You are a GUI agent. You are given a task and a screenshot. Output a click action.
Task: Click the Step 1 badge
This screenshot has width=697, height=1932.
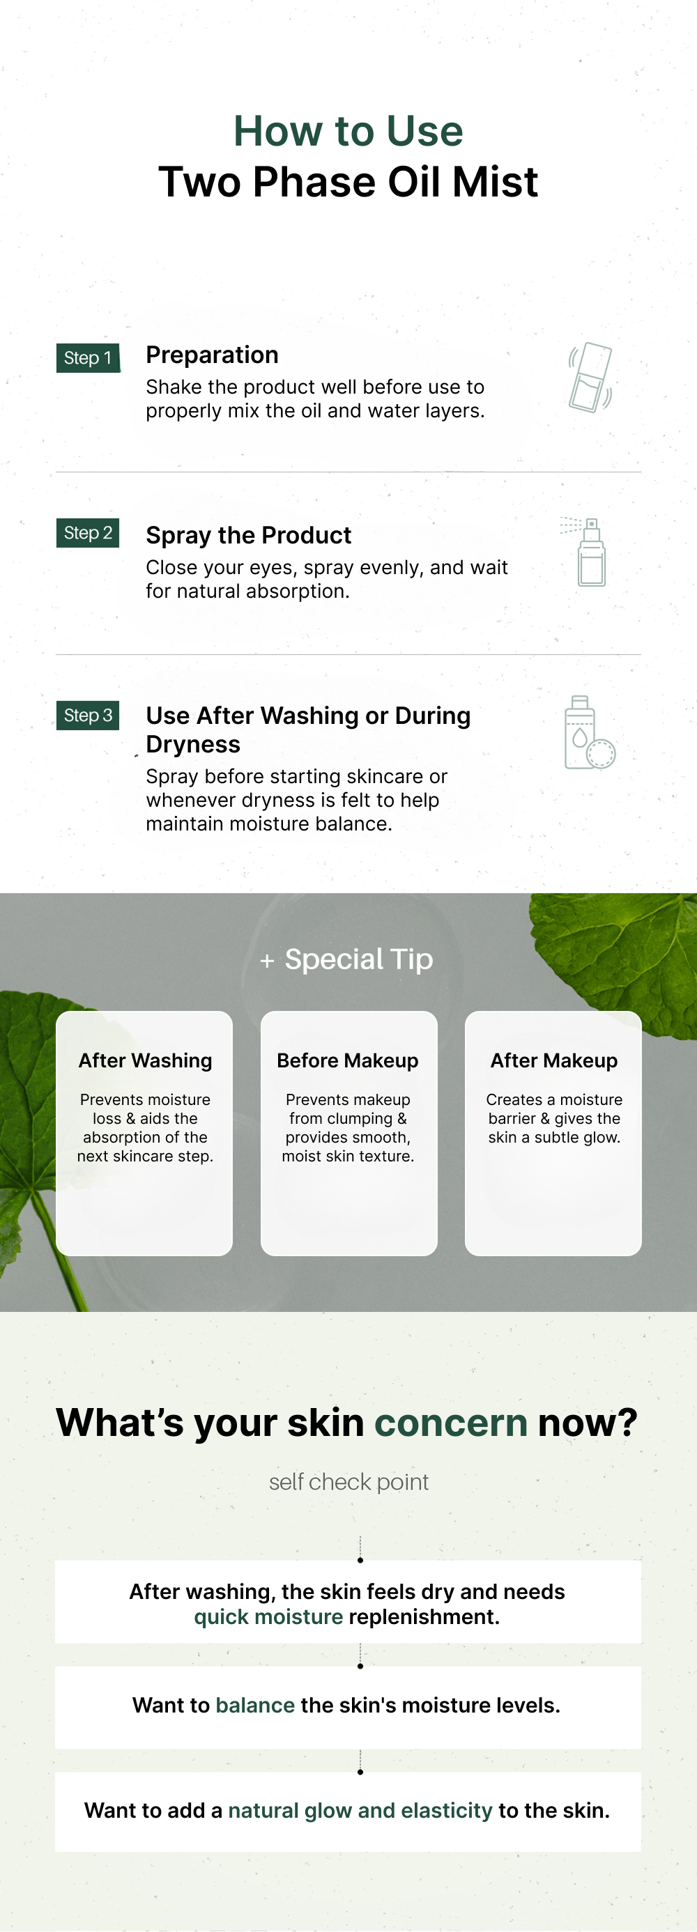click(x=88, y=357)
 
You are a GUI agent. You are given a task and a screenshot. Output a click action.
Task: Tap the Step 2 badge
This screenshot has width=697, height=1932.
click(x=88, y=533)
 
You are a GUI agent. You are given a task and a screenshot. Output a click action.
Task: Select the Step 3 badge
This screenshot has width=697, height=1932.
click(x=88, y=716)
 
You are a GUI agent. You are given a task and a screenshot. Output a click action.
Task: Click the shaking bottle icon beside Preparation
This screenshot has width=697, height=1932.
click(x=590, y=377)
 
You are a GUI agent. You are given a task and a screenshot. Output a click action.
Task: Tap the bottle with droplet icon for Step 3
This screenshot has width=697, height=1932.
click(x=590, y=732)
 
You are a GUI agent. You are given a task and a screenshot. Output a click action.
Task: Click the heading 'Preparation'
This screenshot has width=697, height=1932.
click(x=212, y=355)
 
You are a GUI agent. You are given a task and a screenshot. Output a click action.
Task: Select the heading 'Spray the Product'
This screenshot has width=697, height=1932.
click(x=248, y=535)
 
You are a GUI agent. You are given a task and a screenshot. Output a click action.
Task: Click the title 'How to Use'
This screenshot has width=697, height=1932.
click(x=348, y=130)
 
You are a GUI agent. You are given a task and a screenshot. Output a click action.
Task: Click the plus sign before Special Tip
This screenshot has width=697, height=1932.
click(x=267, y=961)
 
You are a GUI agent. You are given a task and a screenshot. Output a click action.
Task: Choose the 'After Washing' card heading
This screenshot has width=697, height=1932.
click(x=145, y=1060)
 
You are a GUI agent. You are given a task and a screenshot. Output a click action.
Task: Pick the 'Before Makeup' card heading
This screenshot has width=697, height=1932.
click(x=347, y=1060)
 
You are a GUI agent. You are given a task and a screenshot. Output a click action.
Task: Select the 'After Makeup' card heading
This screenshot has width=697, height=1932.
click(x=553, y=1060)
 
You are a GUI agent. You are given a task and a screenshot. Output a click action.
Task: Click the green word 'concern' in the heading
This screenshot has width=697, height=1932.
click(x=451, y=1422)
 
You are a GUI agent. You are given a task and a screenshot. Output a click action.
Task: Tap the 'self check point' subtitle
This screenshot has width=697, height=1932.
click(x=349, y=1482)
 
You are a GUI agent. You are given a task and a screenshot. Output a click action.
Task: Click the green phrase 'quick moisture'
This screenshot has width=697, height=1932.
click(x=268, y=1616)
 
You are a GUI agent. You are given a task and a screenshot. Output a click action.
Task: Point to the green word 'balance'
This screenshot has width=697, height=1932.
click(x=255, y=1705)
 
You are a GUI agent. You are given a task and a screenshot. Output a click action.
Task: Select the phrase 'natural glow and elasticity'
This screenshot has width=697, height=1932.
click(x=360, y=1811)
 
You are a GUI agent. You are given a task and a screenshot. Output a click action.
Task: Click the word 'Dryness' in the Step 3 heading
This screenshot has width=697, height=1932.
click(x=193, y=745)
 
